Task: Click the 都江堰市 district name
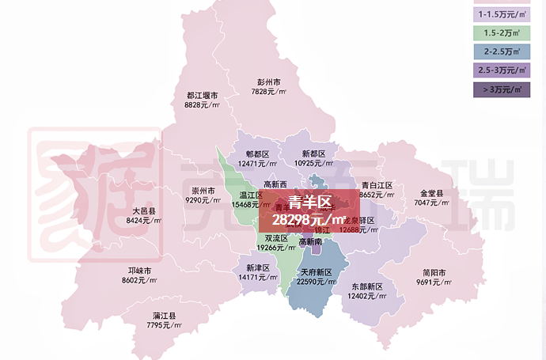pos(202,96)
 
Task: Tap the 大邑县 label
pos(144,210)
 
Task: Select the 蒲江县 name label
pos(165,316)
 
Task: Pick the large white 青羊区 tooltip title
pos(309,202)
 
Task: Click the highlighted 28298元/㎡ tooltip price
pos(309,218)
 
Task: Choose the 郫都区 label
pos(257,153)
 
